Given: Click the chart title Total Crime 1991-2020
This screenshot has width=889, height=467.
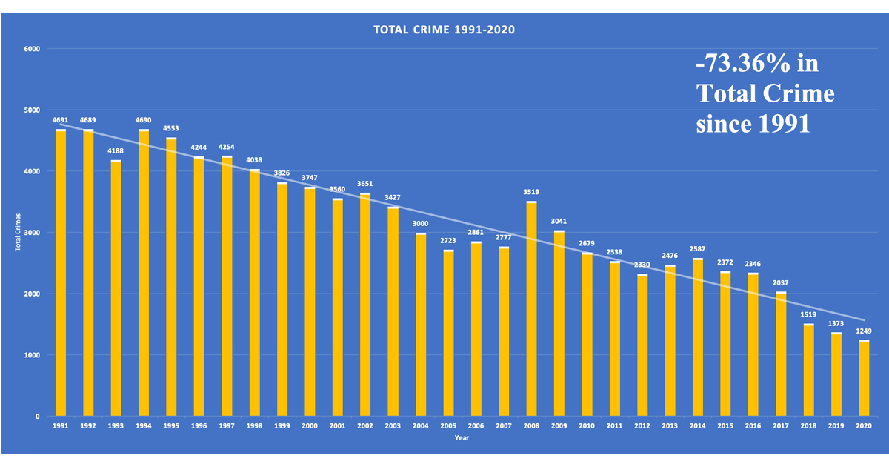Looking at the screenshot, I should pyautogui.click(x=444, y=30).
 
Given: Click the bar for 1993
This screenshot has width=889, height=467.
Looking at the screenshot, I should pyautogui.click(x=116, y=288).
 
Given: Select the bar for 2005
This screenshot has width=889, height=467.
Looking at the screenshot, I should pyautogui.click(x=448, y=334).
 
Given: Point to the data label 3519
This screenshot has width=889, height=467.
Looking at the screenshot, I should pyautogui.click(x=531, y=192).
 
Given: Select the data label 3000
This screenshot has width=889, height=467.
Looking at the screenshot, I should pyautogui.click(x=421, y=224).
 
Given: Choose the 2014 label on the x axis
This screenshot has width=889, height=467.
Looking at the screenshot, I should pyautogui.click(x=697, y=427).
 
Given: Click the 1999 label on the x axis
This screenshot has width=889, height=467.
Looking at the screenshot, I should pyautogui.click(x=282, y=427).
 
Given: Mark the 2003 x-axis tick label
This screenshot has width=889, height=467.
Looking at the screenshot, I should pyautogui.click(x=393, y=427).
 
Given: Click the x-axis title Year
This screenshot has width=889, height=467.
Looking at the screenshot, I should pyautogui.click(x=462, y=438).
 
